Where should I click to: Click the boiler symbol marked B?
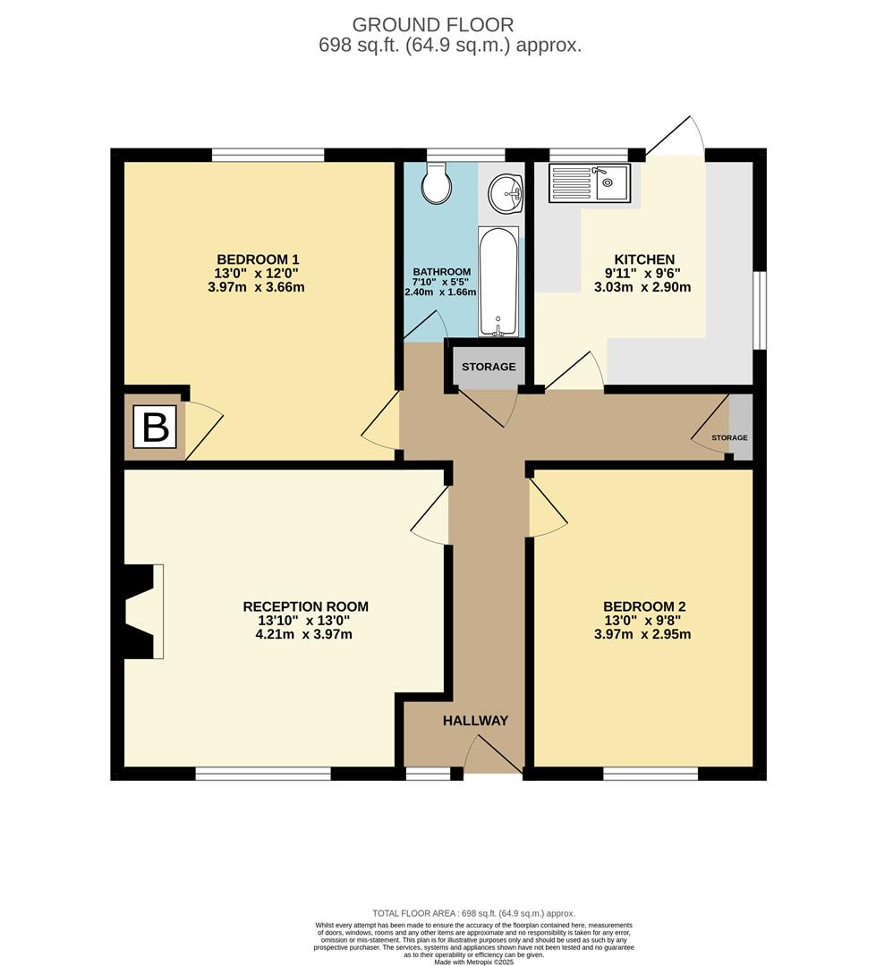(x=156, y=427)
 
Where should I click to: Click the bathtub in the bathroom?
(x=498, y=281)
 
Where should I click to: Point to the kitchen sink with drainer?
(x=590, y=182)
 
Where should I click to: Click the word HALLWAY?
(x=475, y=720)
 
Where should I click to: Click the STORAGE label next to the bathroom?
(x=489, y=367)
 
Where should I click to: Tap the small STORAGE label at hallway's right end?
(x=729, y=437)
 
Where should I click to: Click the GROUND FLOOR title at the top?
(x=433, y=24)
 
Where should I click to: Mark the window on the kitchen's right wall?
(x=760, y=310)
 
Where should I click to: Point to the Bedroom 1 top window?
(x=268, y=155)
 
